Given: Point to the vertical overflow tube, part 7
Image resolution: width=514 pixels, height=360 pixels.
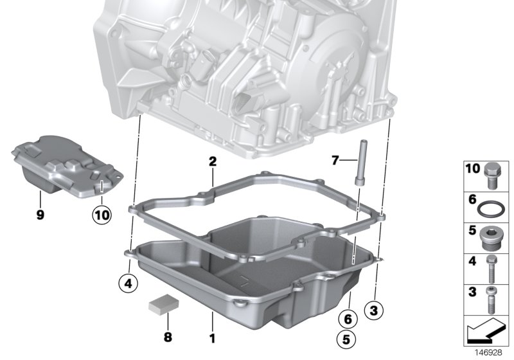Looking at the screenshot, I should click(360, 164).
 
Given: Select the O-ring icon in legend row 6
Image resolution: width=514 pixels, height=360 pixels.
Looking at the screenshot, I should click(492, 207).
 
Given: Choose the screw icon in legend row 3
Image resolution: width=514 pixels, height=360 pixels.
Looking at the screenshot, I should click(492, 296).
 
